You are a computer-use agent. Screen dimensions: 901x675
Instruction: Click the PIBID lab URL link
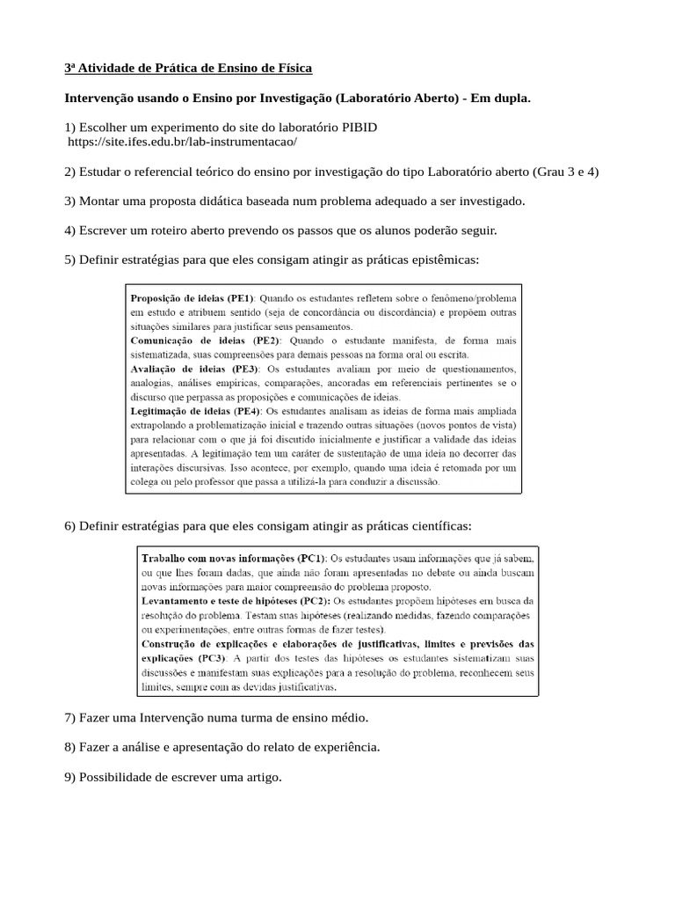pos(183,142)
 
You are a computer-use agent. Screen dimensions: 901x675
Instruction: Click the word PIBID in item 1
pos(359,127)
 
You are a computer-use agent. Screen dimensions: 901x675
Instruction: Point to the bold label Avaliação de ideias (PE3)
pos(193,369)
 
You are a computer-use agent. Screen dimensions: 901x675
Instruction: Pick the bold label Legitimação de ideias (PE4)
pos(195,411)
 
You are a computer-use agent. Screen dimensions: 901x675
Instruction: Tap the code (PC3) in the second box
pos(211,657)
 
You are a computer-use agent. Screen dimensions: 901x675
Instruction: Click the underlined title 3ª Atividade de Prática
pos(188,68)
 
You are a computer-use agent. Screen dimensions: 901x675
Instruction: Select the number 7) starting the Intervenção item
pos(70,718)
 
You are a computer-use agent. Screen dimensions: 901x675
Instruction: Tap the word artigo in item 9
pos(261,778)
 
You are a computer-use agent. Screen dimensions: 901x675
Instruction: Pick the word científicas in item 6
pos(439,526)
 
